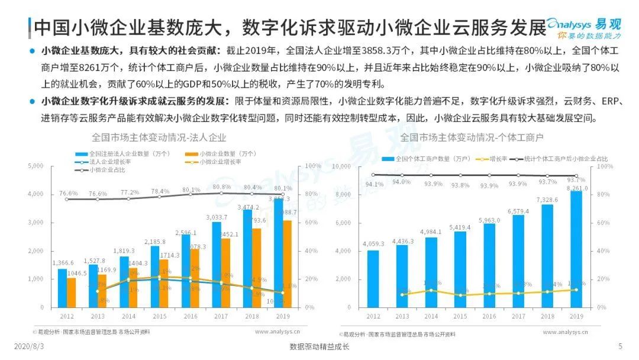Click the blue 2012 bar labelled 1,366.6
62,288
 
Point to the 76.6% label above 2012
69,194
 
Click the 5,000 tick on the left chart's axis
36,166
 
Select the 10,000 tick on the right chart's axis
343,166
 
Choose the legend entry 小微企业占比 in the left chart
109,170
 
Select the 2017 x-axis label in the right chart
518,317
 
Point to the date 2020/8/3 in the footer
28,346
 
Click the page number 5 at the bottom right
620,346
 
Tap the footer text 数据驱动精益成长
319,346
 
